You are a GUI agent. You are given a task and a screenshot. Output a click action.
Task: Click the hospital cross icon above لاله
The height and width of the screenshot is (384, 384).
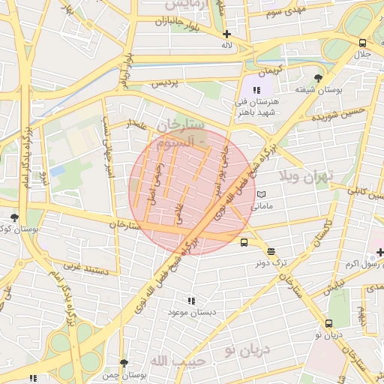(226, 34)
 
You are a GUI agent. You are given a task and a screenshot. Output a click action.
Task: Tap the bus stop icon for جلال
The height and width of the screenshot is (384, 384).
(363, 43)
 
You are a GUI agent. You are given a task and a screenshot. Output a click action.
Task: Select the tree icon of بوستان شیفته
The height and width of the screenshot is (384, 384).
(319, 78)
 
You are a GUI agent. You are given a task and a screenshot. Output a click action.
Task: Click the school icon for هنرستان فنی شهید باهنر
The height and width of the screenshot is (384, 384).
(258, 90)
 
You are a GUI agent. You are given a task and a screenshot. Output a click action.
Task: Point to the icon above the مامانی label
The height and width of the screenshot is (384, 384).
(261, 194)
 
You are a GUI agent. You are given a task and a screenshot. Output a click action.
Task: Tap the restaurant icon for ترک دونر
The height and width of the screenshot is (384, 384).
(270, 252)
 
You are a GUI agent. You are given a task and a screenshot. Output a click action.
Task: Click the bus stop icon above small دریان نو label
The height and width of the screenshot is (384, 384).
(328, 324)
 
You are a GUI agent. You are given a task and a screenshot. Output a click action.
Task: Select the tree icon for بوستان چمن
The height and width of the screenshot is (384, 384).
(124, 363)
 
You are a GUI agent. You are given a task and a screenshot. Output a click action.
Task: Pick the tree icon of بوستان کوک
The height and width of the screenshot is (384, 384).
(13, 217)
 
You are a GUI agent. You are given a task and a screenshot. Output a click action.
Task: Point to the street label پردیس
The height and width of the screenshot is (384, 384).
(166, 84)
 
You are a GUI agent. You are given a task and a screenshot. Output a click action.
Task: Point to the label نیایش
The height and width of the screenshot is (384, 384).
(339, 286)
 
